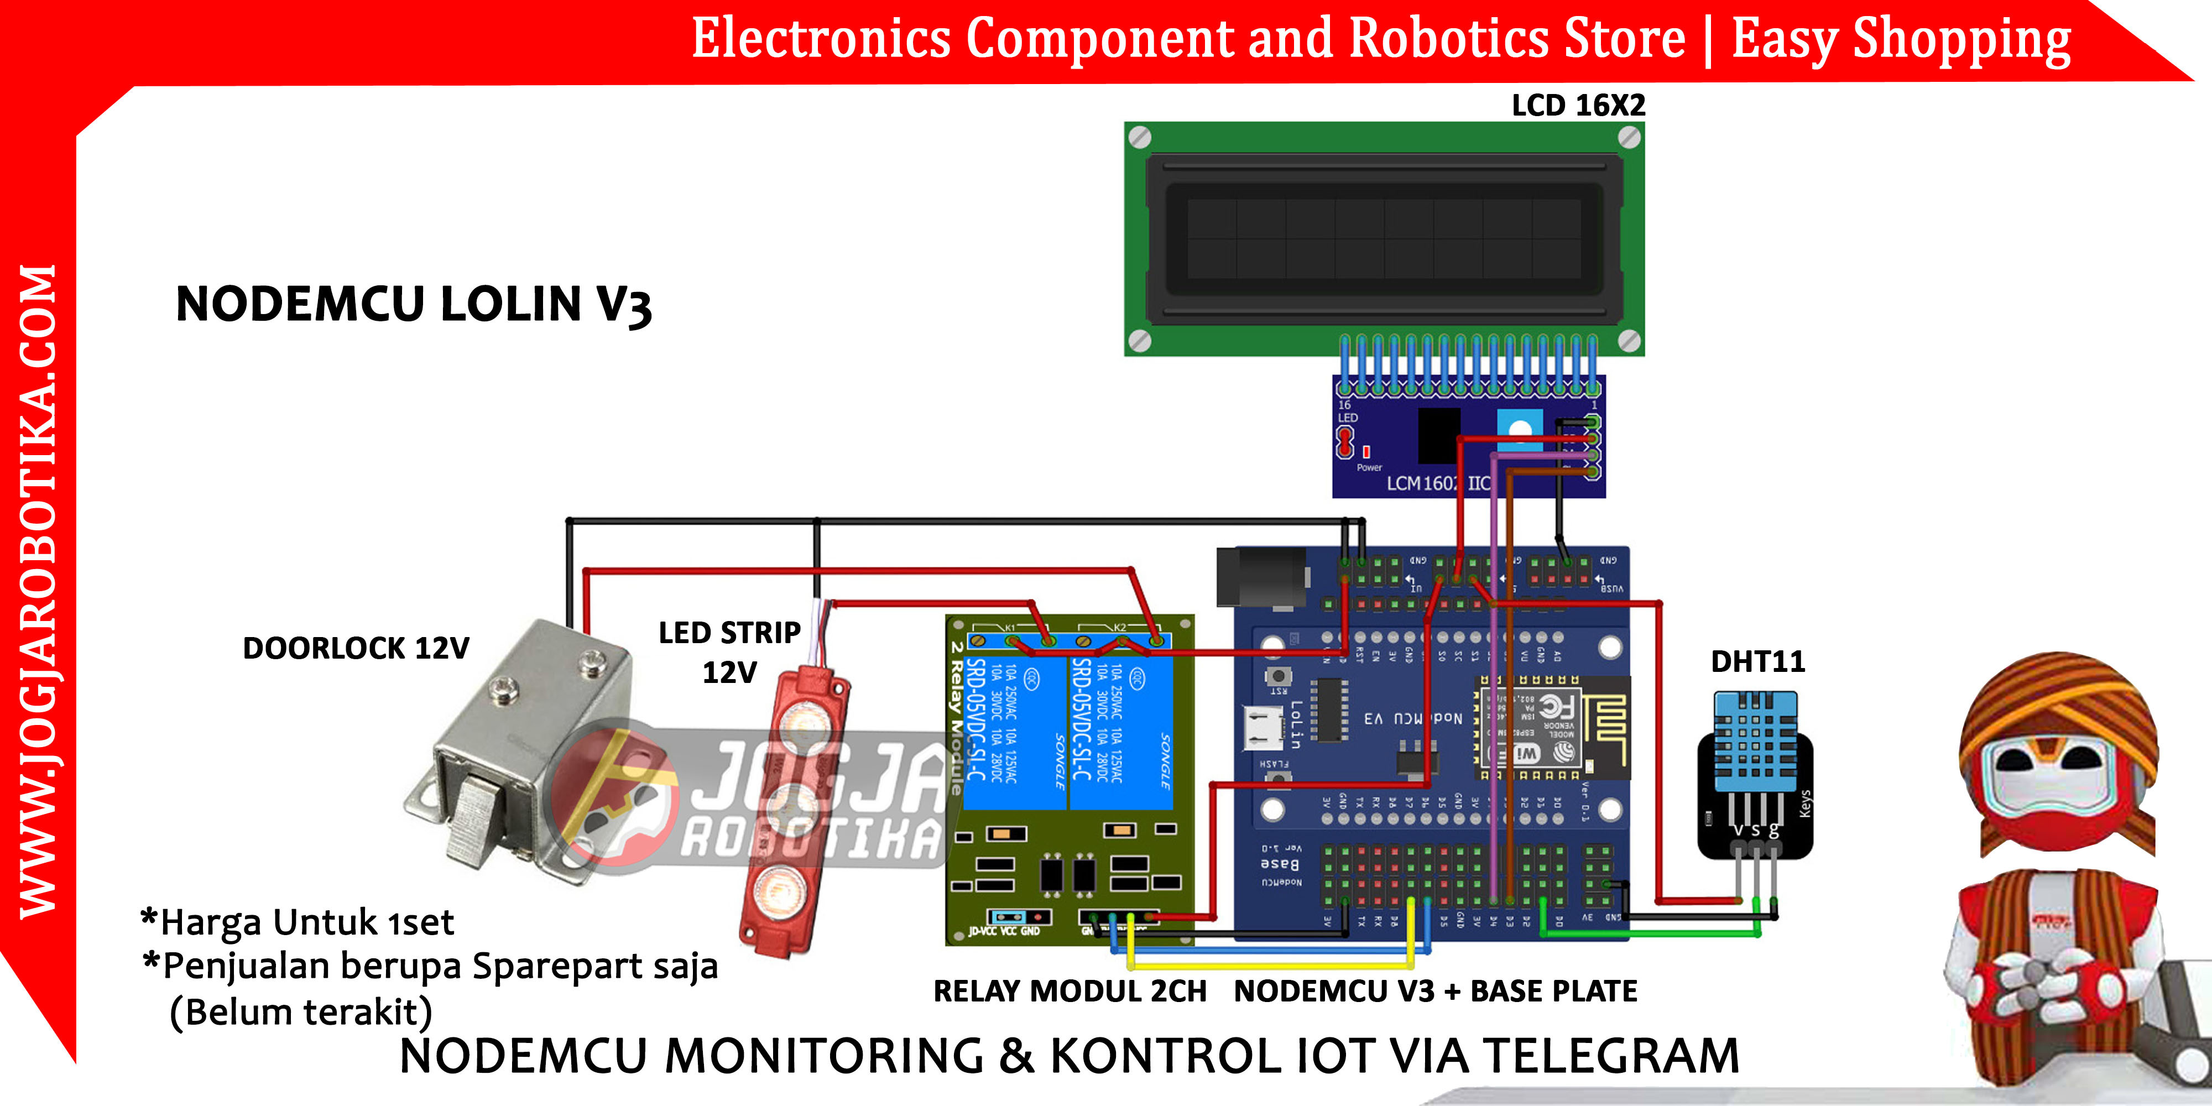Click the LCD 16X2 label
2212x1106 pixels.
click(x=1578, y=106)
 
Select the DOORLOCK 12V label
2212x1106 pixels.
click(x=356, y=648)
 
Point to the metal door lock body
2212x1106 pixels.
click(x=524, y=738)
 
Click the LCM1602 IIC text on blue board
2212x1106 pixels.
click(x=1439, y=483)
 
